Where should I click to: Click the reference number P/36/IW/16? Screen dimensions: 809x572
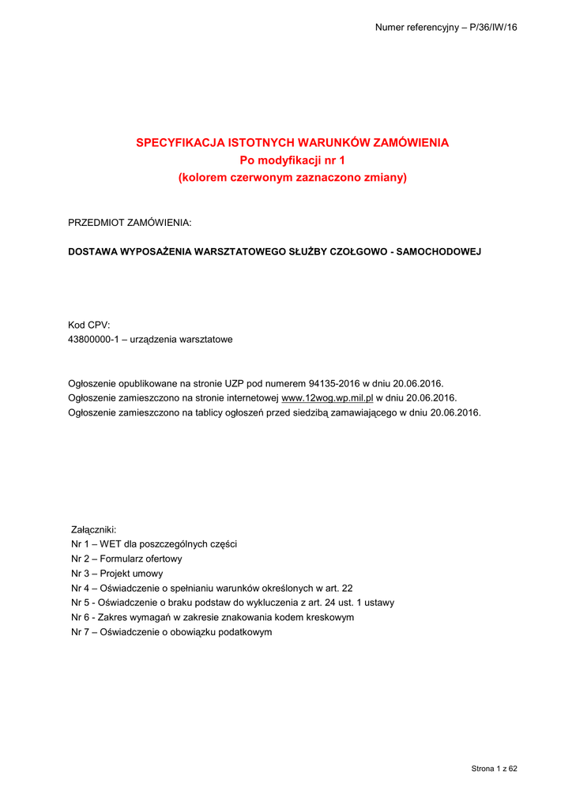coord(492,28)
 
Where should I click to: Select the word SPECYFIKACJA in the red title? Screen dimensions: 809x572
coord(179,143)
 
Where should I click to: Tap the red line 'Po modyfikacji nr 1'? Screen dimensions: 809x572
coord(292,160)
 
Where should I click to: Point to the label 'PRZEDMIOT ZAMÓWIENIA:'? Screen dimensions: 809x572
coord(130,224)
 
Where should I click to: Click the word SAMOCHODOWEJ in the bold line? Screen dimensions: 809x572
coord(438,251)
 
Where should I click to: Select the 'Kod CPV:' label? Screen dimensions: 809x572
coord(88,325)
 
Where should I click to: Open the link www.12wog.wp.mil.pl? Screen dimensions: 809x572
coord(327,398)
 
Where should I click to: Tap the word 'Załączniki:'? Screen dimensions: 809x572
coord(93,529)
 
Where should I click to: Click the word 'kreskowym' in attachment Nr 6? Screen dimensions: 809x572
coord(329,617)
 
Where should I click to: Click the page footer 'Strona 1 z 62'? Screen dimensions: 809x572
coord(494,768)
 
